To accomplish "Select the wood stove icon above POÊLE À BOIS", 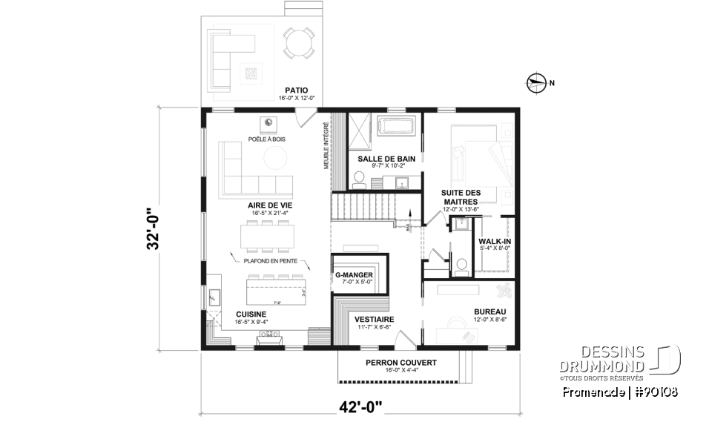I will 268,123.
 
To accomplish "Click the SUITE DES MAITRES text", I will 461,197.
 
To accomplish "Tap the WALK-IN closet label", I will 494,242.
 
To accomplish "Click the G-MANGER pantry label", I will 354,274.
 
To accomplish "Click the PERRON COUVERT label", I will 400,363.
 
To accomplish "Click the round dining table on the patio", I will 300,42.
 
